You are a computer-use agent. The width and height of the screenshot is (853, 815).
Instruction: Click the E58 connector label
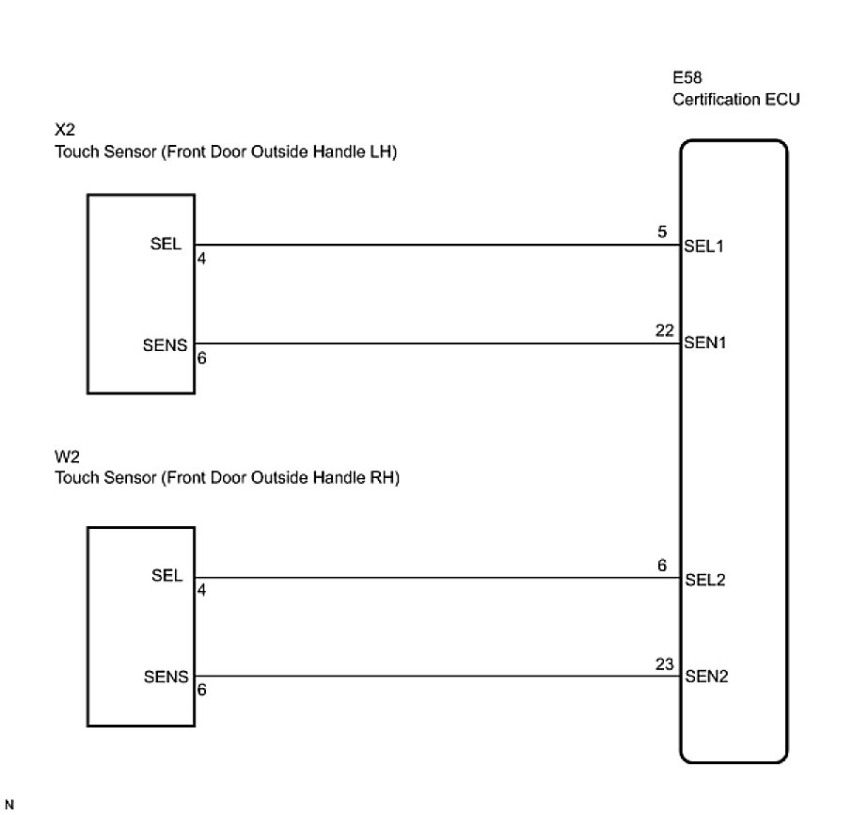click(x=687, y=80)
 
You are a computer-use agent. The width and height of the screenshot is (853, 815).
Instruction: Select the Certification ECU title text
click(x=735, y=100)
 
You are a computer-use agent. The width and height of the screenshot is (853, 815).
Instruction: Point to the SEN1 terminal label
click(x=704, y=344)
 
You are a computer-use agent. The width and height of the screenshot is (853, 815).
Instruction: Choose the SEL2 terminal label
click(x=705, y=579)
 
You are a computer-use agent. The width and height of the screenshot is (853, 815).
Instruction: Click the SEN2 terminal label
click(x=705, y=676)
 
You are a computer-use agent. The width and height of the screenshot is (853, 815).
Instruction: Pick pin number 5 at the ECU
click(x=662, y=232)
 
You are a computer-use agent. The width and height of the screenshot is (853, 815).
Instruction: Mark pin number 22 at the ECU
click(x=666, y=330)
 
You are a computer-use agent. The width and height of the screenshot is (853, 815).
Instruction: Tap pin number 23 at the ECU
click(x=666, y=663)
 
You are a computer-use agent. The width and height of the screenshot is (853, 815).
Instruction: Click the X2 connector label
click(x=65, y=134)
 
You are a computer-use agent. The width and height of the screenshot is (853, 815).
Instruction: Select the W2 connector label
click(x=66, y=458)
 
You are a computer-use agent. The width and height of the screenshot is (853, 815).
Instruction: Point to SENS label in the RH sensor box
click(x=166, y=676)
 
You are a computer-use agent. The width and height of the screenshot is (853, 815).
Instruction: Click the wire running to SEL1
click(x=433, y=246)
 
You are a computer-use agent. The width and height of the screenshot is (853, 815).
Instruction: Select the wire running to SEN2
click(x=433, y=676)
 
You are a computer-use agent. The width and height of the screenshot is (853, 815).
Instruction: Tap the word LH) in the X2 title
click(x=382, y=153)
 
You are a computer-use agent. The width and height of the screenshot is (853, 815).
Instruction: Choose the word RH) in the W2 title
click(x=383, y=478)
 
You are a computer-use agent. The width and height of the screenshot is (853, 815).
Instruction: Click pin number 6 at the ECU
click(x=662, y=566)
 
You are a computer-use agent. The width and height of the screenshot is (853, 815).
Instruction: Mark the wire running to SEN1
click(x=433, y=344)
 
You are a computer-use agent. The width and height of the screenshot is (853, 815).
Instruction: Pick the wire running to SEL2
click(x=433, y=578)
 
